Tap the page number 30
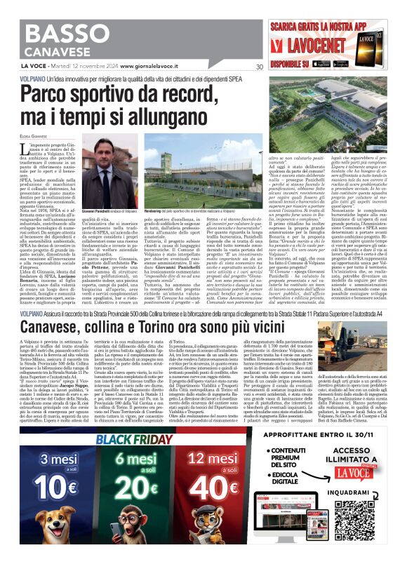[x=260, y=67]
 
